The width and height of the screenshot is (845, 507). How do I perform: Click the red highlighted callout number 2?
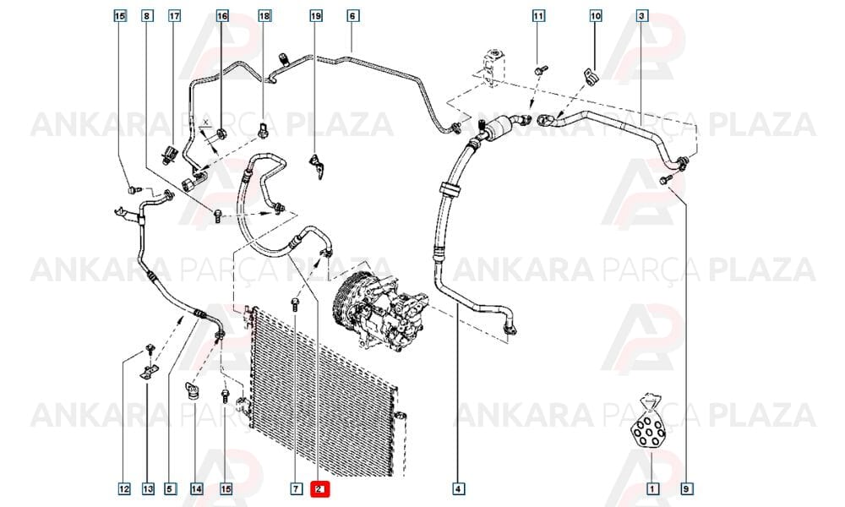pyautogui.click(x=319, y=489)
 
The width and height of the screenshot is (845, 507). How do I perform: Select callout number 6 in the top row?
pyautogui.click(x=352, y=15)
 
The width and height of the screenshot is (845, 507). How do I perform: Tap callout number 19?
pyautogui.click(x=316, y=15)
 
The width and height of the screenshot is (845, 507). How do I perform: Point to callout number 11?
pyautogui.click(x=538, y=15)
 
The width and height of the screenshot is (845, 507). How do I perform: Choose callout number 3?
pyautogui.click(x=641, y=15)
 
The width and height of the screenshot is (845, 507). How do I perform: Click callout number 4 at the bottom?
pyautogui.click(x=457, y=489)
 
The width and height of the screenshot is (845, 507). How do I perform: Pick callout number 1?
pyautogui.click(x=652, y=489)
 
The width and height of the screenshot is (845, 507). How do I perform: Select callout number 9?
pyautogui.click(x=686, y=489)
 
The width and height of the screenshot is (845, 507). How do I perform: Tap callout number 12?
pyautogui.click(x=124, y=489)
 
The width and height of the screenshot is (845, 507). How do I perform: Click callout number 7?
pyautogui.click(x=296, y=489)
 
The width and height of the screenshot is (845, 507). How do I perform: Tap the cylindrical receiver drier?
pyautogui.click(x=497, y=127)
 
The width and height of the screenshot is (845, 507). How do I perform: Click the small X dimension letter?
pyautogui.click(x=205, y=123)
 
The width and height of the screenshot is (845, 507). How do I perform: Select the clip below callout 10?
pyautogui.click(x=591, y=76)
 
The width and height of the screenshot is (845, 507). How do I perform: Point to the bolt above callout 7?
pyautogui.click(x=295, y=304)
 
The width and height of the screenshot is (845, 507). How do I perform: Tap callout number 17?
pyautogui.click(x=175, y=15)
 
